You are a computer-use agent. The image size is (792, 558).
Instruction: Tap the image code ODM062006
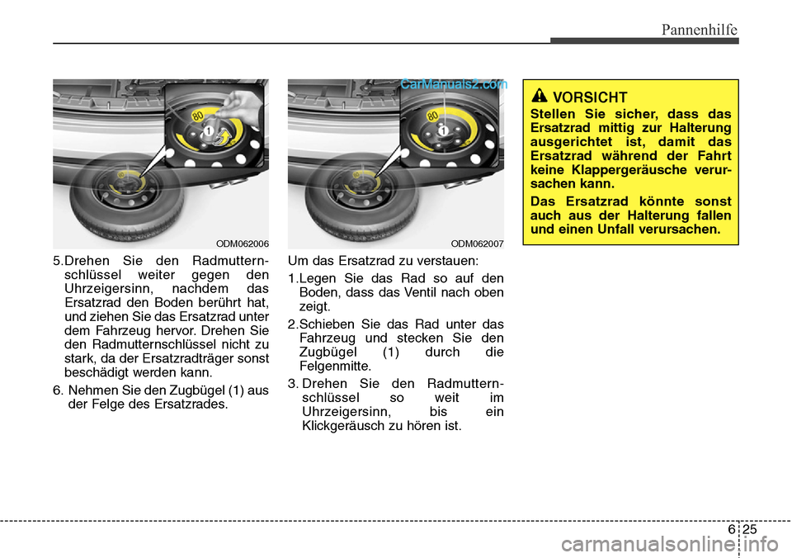pyautogui.click(x=243, y=243)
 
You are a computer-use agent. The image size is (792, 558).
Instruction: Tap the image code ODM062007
pyautogui.click(x=478, y=243)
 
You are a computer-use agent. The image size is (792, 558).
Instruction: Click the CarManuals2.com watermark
pyautogui.click(x=453, y=83)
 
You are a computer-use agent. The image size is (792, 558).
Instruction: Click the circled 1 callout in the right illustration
pyautogui.click(x=443, y=131)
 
